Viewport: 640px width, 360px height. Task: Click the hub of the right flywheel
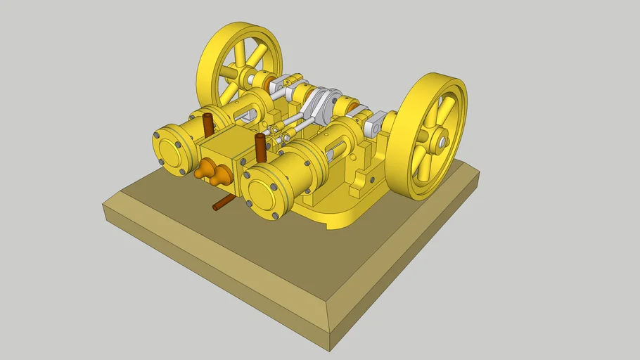tap(441, 143)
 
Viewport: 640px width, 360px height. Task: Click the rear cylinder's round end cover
tap(172, 150)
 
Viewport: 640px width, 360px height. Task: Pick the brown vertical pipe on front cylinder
tap(260, 146)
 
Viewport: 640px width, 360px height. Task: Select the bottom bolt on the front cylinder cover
tap(275, 215)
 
